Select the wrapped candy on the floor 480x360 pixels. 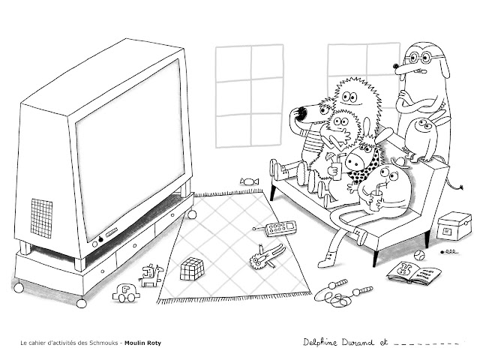250,181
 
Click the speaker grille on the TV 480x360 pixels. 43,214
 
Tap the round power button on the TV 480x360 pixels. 100,241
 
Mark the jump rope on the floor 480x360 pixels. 341,295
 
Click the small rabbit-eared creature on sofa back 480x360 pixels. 424,133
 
